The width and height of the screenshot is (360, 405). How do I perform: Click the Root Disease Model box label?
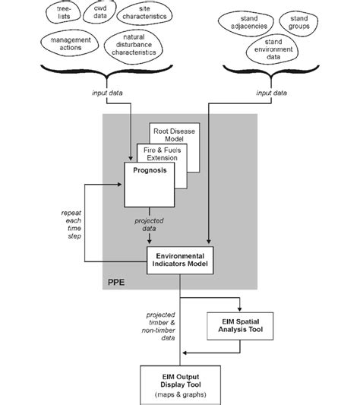175,134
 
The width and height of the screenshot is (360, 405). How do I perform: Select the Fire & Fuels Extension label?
163,154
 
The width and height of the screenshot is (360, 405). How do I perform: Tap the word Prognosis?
150,170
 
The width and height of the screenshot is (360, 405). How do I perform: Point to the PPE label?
116,282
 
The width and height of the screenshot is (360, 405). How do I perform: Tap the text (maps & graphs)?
181,394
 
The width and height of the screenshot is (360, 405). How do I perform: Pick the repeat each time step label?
71,224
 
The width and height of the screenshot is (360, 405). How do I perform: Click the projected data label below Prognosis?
149,224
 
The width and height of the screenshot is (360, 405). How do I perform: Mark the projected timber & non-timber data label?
158,326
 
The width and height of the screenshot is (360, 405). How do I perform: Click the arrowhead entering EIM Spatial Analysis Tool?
240,309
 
